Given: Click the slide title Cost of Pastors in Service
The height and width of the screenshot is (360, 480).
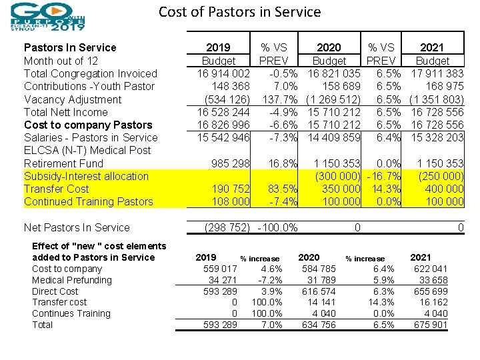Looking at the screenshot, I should point(239,12).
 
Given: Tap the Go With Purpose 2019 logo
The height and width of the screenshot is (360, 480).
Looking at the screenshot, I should point(47,17).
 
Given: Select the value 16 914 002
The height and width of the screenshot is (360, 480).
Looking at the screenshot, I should point(223,73).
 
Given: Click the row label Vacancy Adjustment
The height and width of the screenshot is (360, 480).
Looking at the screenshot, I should point(73,99).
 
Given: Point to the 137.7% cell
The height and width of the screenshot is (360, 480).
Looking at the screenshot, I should point(273,99).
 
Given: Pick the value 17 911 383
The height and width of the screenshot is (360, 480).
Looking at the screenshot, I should point(438,73).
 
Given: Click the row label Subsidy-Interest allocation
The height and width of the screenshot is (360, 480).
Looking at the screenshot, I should point(86,176).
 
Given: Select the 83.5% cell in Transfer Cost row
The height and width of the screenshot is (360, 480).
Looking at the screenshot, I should point(273,189).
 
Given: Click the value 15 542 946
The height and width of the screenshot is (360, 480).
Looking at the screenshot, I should point(223,137).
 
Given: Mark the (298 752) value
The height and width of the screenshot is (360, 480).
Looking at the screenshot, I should point(227,227).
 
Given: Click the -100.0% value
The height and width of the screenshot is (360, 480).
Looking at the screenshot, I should point(277,227).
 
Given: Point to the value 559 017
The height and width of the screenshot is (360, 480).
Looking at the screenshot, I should point(220,269).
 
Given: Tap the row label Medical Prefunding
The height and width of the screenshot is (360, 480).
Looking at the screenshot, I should point(72,280).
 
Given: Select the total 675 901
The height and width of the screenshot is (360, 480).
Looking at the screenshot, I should point(431,325).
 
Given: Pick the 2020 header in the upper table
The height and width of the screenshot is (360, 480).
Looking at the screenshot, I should point(329,47).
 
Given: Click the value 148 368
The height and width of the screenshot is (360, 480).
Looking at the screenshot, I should point(231,86).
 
